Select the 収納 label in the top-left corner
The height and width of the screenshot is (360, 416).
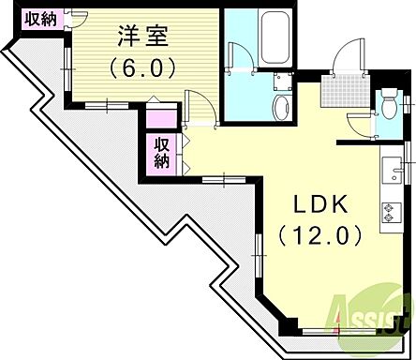click(38, 18)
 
